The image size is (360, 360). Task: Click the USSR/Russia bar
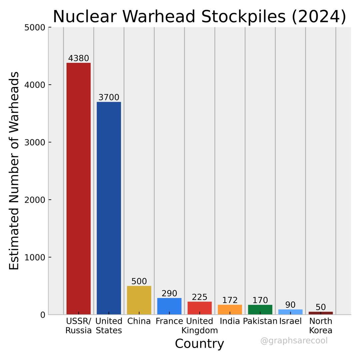coord(79,188)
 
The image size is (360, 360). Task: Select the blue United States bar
coord(109,208)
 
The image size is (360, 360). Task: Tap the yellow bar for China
coord(139,300)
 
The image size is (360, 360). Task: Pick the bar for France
coord(169,306)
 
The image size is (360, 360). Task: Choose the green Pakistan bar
coord(260,309)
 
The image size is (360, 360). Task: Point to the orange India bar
coord(230,309)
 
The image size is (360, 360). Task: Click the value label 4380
coord(79,58)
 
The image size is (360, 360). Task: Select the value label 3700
coord(109,97)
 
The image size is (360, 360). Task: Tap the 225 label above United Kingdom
coord(200,297)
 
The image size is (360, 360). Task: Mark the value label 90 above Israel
coord(290,305)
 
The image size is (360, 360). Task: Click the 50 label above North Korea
coord(321,307)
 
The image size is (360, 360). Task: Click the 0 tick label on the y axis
coord(42,315)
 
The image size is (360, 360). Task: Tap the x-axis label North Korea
coord(321,326)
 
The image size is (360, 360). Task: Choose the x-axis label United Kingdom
coord(200,326)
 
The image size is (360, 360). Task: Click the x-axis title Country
coord(200,344)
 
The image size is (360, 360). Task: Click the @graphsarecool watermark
coord(294,341)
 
